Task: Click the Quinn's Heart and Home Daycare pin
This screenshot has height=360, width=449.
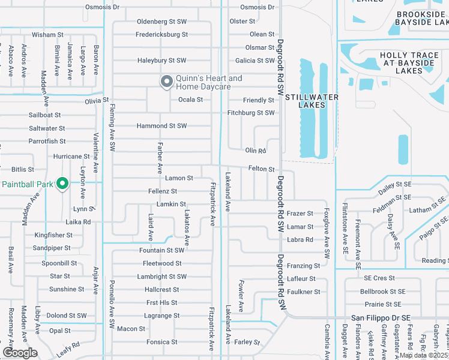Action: [166, 81]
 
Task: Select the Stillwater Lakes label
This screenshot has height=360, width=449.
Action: [312, 101]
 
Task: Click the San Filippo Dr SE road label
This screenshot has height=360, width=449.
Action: [381, 317]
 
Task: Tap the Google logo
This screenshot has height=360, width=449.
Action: [20, 353]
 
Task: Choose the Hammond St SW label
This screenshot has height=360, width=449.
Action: [161, 126]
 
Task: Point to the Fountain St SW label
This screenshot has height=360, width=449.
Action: [161, 250]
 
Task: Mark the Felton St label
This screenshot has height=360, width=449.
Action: [261, 170]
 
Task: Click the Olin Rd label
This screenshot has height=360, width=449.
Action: [255, 151]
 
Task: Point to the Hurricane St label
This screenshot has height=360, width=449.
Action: [71, 157]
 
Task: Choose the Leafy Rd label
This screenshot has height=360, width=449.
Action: [68, 349]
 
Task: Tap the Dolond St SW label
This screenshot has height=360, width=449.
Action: [67, 316]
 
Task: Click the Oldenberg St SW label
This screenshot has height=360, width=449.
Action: [161, 22]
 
